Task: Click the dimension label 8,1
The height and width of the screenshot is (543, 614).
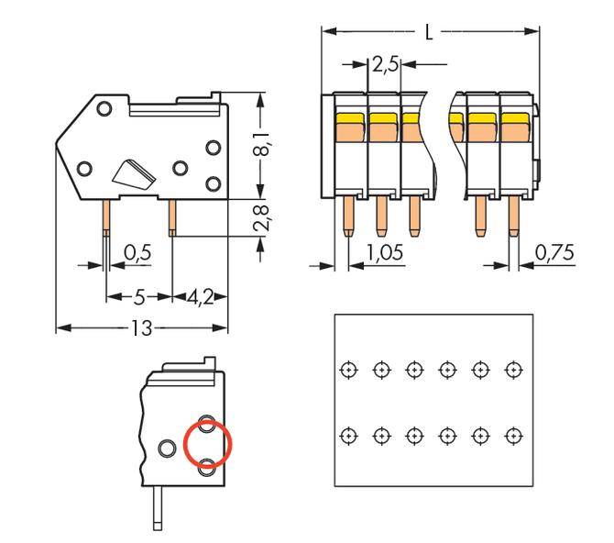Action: click(262, 145)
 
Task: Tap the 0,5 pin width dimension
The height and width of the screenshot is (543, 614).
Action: click(137, 252)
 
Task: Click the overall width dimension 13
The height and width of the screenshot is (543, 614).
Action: click(140, 328)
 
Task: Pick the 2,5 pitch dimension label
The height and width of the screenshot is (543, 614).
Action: click(385, 65)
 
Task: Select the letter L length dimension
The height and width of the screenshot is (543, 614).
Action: click(429, 33)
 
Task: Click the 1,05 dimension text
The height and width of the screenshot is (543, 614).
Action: click(384, 252)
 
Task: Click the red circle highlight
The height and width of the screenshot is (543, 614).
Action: click(208, 446)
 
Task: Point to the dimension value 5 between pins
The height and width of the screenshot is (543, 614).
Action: click(140, 297)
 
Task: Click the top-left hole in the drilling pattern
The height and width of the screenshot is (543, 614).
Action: click(347, 370)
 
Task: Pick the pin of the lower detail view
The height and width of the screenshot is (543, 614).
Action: click(159, 509)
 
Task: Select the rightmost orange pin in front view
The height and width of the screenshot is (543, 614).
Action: click(512, 218)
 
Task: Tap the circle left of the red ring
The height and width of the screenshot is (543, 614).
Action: click(167, 449)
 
